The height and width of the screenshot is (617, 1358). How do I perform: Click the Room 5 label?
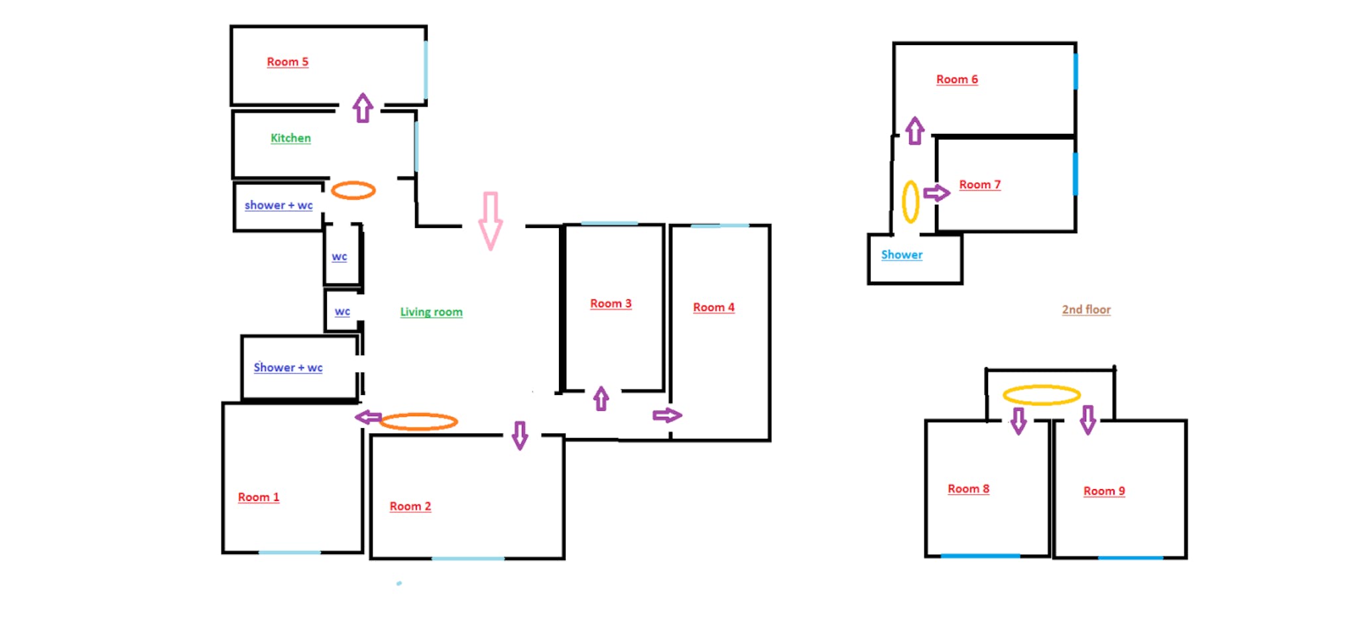(x=287, y=62)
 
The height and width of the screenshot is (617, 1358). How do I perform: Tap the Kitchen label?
(x=290, y=138)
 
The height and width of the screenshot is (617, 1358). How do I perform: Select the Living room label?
(x=431, y=311)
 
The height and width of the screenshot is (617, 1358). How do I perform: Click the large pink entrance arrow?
(x=490, y=221)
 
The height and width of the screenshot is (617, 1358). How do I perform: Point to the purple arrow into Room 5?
(x=363, y=108)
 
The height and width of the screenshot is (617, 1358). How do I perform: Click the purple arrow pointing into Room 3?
(x=601, y=398)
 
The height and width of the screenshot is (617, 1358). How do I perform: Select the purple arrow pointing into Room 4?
(x=667, y=416)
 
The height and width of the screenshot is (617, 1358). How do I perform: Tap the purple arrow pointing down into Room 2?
(x=520, y=435)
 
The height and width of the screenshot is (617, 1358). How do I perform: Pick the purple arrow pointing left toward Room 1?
(x=368, y=417)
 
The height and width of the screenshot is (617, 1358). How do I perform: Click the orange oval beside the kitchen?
(x=353, y=191)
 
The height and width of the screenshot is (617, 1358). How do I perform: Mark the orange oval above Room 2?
(x=418, y=421)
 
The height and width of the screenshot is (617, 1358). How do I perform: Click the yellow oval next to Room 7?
(x=910, y=201)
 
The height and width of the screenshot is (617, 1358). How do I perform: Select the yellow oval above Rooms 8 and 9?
(x=1041, y=395)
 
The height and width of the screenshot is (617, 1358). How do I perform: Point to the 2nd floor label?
(x=1085, y=309)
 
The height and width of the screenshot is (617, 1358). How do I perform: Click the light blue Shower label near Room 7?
(x=901, y=254)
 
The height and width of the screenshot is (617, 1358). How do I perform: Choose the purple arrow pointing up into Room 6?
(x=915, y=131)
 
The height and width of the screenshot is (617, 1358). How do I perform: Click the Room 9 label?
(x=1103, y=491)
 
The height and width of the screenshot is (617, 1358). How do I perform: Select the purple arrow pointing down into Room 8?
(x=1018, y=420)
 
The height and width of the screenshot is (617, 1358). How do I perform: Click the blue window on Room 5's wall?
(x=425, y=70)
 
